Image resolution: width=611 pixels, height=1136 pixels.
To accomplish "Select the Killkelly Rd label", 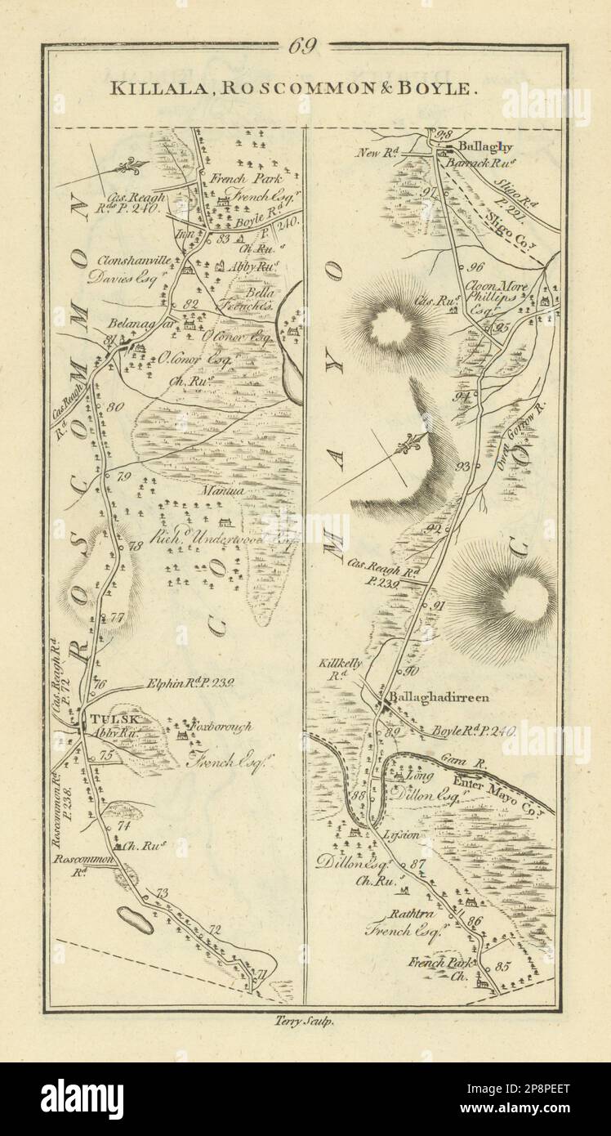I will (x=342, y=670).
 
